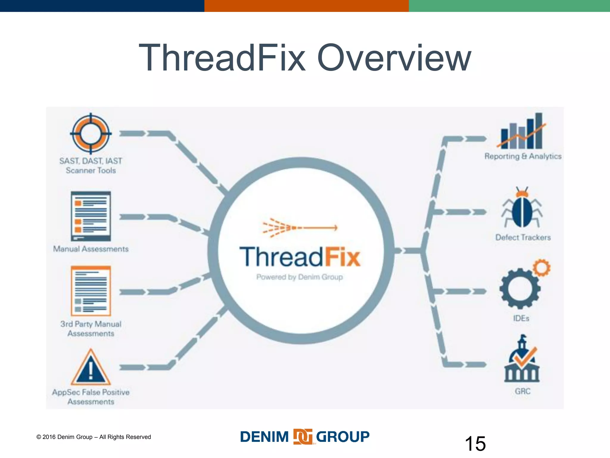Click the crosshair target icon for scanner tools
click(91, 134)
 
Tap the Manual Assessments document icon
click(91, 216)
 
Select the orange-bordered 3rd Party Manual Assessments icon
click(91, 291)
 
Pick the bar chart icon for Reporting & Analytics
click(522, 131)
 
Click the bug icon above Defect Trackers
click(522, 209)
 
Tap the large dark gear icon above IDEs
click(519, 289)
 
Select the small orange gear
click(542, 267)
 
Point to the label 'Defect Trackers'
click(523, 238)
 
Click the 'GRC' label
click(523, 391)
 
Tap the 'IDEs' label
click(521, 318)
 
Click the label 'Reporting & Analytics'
click(523, 156)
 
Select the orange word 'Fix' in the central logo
click(343, 257)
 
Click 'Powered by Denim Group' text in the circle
click(299, 277)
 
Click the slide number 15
click(475, 444)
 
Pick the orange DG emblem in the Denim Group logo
click(303, 437)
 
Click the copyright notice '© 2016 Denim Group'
click(94, 437)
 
